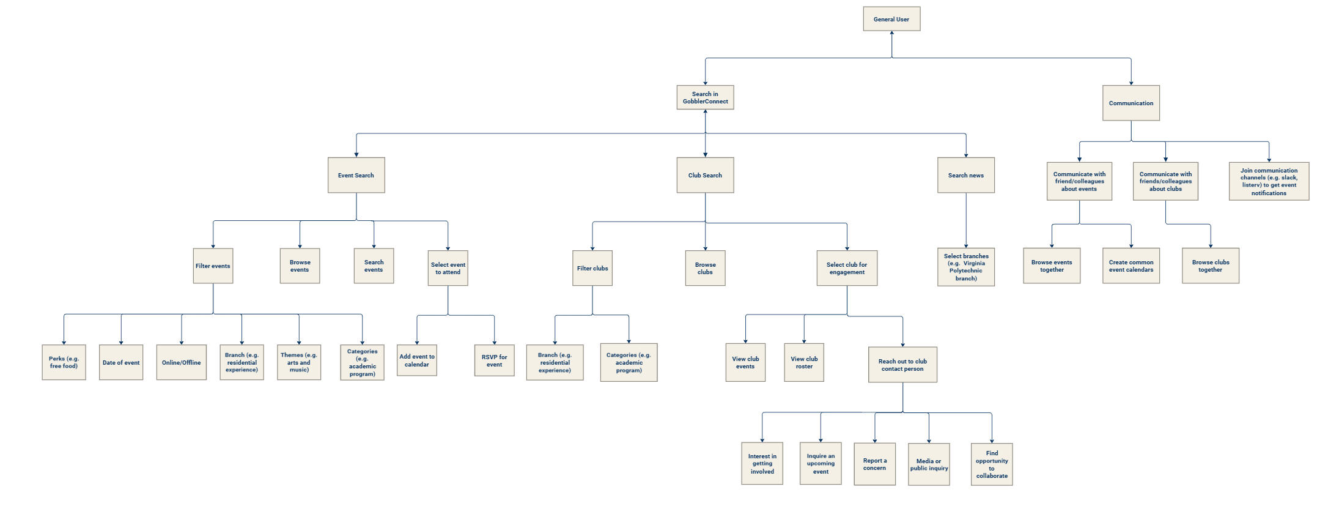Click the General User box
pyautogui.click(x=891, y=19)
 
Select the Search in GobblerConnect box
pyautogui.click(x=705, y=98)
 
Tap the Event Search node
pyautogui.click(x=356, y=176)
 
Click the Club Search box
pyautogui.click(x=705, y=176)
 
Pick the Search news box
pyautogui.click(x=966, y=176)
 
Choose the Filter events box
pyautogui.click(x=213, y=266)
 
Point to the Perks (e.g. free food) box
pyautogui.click(x=64, y=362)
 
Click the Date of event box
pyautogui.click(x=121, y=362)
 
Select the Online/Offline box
pyautogui.click(x=181, y=362)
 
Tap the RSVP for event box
pyautogui.click(x=494, y=361)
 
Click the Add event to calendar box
pyautogui.click(x=417, y=361)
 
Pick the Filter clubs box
pyautogui.click(x=592, y=268)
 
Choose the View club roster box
pyautogui.click(x=804, y=363)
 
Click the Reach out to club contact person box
pyautogui.click(x=902, y=365)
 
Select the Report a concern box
pyautogui.click(x=874, y=464)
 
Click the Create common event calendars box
pyautogui.click(x=1131, y=266)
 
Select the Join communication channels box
pyautogui.click(x=1269, y=182)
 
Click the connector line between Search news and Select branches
pyautogui.click(x=966, y=220)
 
